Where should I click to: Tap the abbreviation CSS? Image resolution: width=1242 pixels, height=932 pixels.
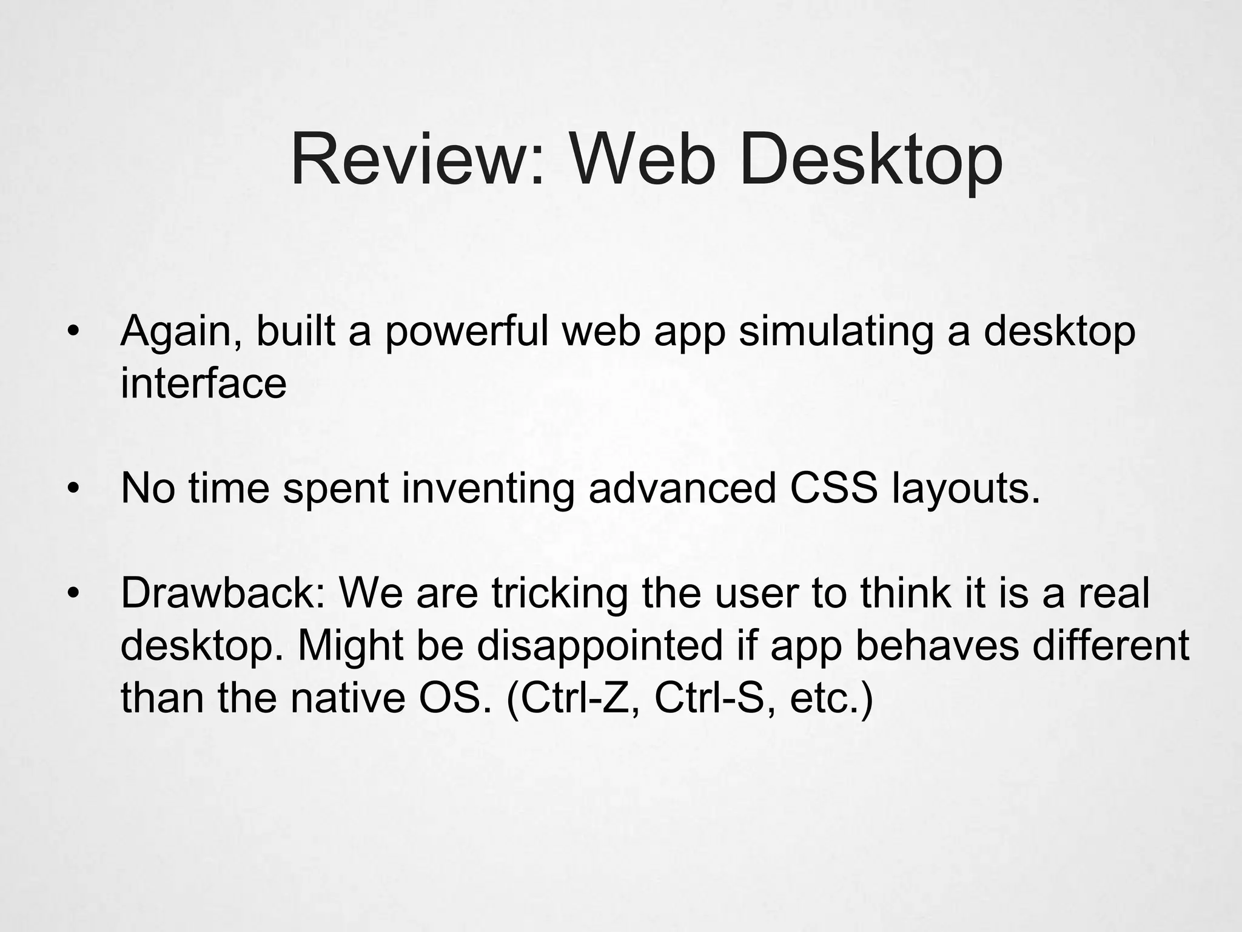click(x=834, y=488)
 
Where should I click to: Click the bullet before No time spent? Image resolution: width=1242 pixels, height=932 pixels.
click(x=73, y=489)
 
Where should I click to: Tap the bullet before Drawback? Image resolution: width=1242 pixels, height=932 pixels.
click(x=73, y=593)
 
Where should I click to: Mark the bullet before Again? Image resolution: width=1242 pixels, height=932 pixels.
click(x=73, y=333)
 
